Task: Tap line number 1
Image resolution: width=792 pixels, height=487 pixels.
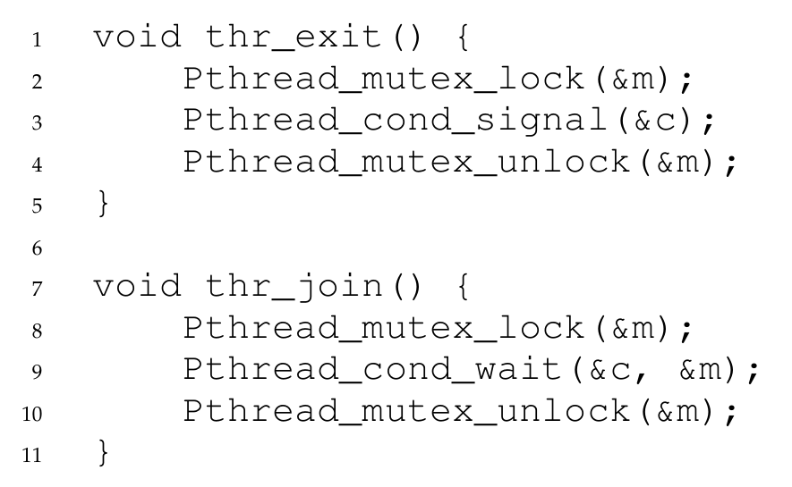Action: click(x=36, y=40)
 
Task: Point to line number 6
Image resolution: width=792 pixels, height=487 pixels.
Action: click(x=36, y=248)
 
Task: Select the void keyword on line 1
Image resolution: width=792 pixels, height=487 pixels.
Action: click(x=137, y=38)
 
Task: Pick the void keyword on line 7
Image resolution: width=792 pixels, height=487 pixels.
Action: click(x=137, y=288)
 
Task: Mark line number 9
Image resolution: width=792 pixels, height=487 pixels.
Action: click(x=36, y=373)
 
